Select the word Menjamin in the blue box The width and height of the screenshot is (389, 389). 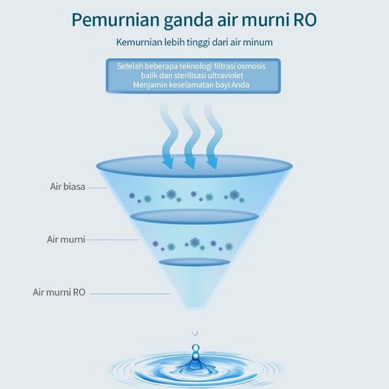coord(148,86)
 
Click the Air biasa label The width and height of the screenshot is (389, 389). coord(68,187)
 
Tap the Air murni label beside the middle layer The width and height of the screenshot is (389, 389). coord(66,239)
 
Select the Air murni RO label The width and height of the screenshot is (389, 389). coord(59,292)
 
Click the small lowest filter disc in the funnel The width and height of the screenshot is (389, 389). coord(194,262)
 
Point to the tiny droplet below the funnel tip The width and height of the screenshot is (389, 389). coord(195,333)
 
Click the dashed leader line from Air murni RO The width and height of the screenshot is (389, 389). coord(130,294)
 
